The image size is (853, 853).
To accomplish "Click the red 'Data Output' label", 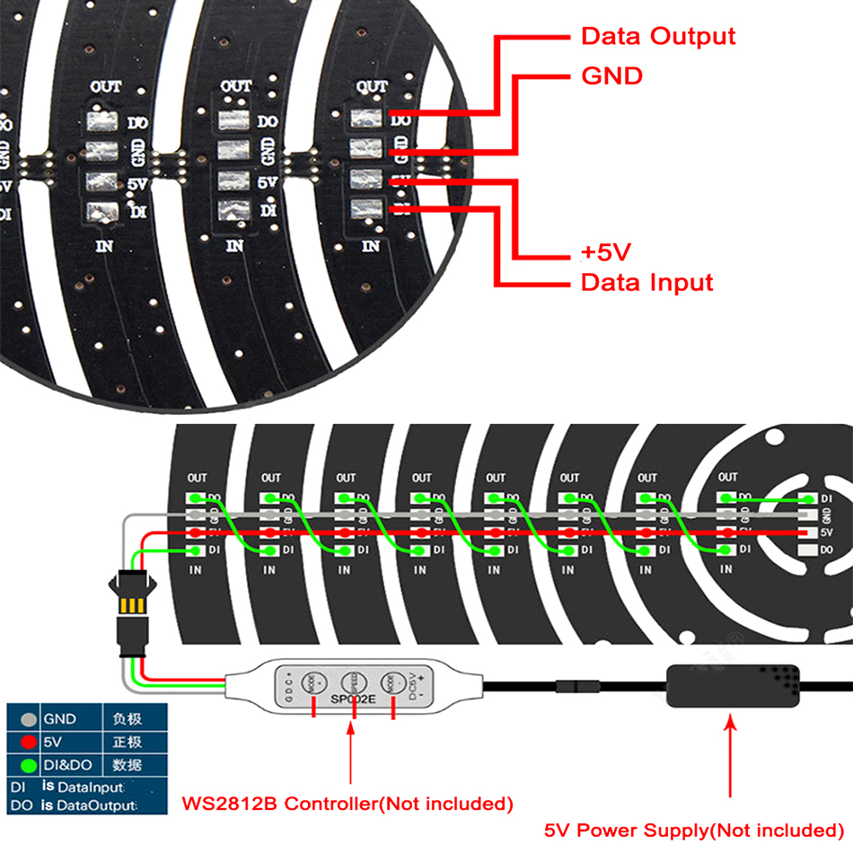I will [658, 37].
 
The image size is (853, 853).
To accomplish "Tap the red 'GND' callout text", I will [612, 76].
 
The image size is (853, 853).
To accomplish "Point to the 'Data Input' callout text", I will [646, 283].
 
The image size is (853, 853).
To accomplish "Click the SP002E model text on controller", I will [353, 698].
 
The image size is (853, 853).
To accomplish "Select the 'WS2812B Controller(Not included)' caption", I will [347, 803].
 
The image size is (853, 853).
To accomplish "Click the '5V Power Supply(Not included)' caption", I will [696, 831].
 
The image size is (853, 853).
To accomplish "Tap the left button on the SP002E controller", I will [312, 682].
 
